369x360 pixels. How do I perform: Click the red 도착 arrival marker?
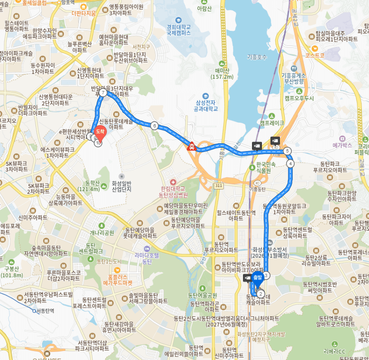[100, 131]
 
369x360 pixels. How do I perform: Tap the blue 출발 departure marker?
[257, 278]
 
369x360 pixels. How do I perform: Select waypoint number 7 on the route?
[103, 93]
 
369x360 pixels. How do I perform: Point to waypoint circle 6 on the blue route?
[154, 126]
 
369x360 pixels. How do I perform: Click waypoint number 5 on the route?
[288, 151]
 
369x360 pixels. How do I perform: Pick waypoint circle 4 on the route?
[290, 163]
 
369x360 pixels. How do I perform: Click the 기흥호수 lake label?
[257, 57]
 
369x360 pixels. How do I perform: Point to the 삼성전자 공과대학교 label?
[206, 105]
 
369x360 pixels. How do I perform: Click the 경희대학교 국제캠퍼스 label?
[179, 29]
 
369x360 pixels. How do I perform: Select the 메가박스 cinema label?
[342, 145]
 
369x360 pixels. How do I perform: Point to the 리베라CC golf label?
[335, 351]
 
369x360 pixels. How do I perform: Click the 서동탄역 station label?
[45, 311]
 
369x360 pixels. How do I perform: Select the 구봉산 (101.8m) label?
[11, 272]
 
